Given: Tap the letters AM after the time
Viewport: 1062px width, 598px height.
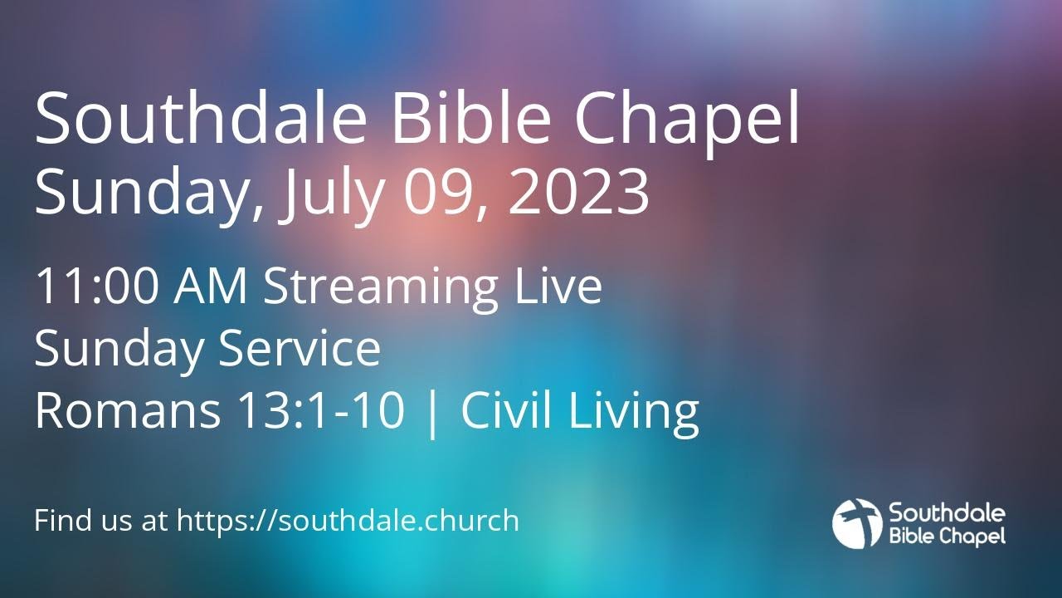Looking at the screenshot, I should [x=211, y=287].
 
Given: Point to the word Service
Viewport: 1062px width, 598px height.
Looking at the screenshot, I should [x=300, y=350].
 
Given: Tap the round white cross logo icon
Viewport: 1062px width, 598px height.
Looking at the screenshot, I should [x=857, y=523].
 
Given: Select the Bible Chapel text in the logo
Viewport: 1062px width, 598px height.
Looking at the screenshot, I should [x=947, y=536].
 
